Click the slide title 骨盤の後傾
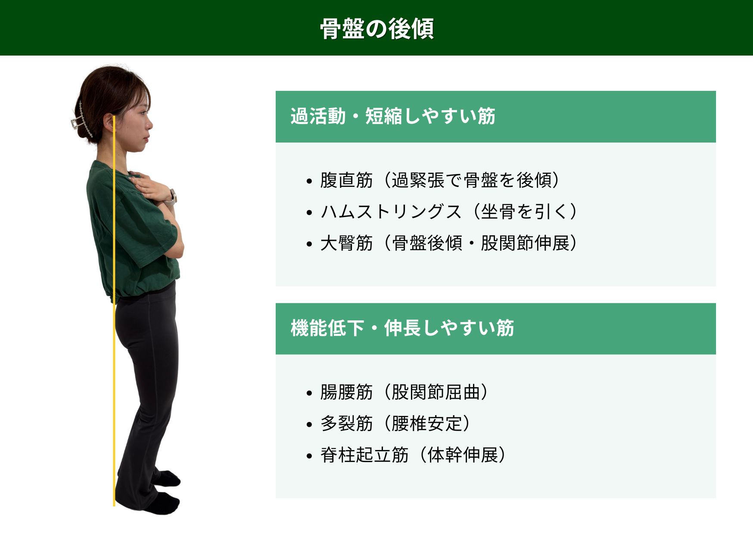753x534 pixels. click(377, 29)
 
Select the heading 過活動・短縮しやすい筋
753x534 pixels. click(393, 116)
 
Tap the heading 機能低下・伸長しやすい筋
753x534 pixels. click(402, 328)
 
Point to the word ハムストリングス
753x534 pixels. click(391, 211)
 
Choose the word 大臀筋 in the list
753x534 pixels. click(346, 243)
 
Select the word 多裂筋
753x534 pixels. click(346, 423)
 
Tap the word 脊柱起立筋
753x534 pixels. click(364, 455)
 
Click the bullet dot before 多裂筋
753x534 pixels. click(309, 425)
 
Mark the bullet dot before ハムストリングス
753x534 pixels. click(309, 213)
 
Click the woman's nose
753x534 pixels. click(149, 124)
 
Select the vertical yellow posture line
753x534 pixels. click(114, 310)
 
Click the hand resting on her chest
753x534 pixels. click(149, 186)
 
